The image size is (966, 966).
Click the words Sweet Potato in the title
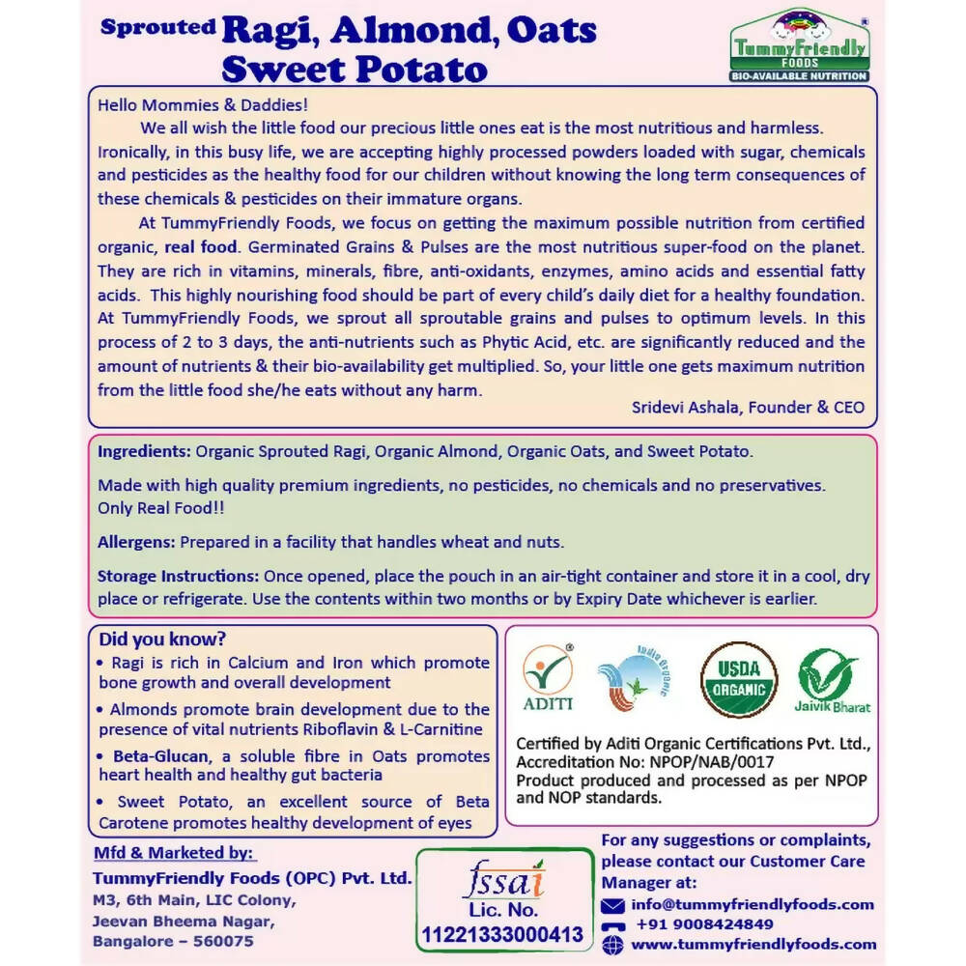(354, 69)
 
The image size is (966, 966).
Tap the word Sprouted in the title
(157, 27)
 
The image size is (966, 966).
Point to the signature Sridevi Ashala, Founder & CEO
(748, 407)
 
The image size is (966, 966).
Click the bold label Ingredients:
(144, 452)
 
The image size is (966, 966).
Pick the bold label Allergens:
(136, 542)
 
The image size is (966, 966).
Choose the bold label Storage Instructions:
(178, 577)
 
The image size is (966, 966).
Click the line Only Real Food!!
(160, 507)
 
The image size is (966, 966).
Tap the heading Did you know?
(162, 639)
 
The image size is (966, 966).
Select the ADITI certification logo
(548, 680)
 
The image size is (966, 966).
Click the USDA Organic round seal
(739, 680)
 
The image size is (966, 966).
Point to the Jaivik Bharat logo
(832, 680)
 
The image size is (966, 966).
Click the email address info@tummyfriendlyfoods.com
(753, 905)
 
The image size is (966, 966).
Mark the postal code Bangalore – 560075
(173, 941)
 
